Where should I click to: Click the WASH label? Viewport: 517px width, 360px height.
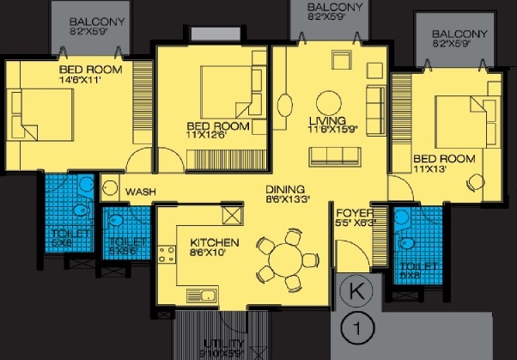[140, 192]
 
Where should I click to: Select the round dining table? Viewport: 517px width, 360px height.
[282, 259]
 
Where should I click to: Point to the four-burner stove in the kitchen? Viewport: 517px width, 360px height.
[166, 255]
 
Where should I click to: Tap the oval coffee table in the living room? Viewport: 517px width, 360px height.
[284, 103]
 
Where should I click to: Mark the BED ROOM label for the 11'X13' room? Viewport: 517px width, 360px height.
[437, 159]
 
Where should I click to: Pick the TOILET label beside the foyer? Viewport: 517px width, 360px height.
[418, 266]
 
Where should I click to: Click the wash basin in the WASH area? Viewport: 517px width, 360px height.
[109, 188]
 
